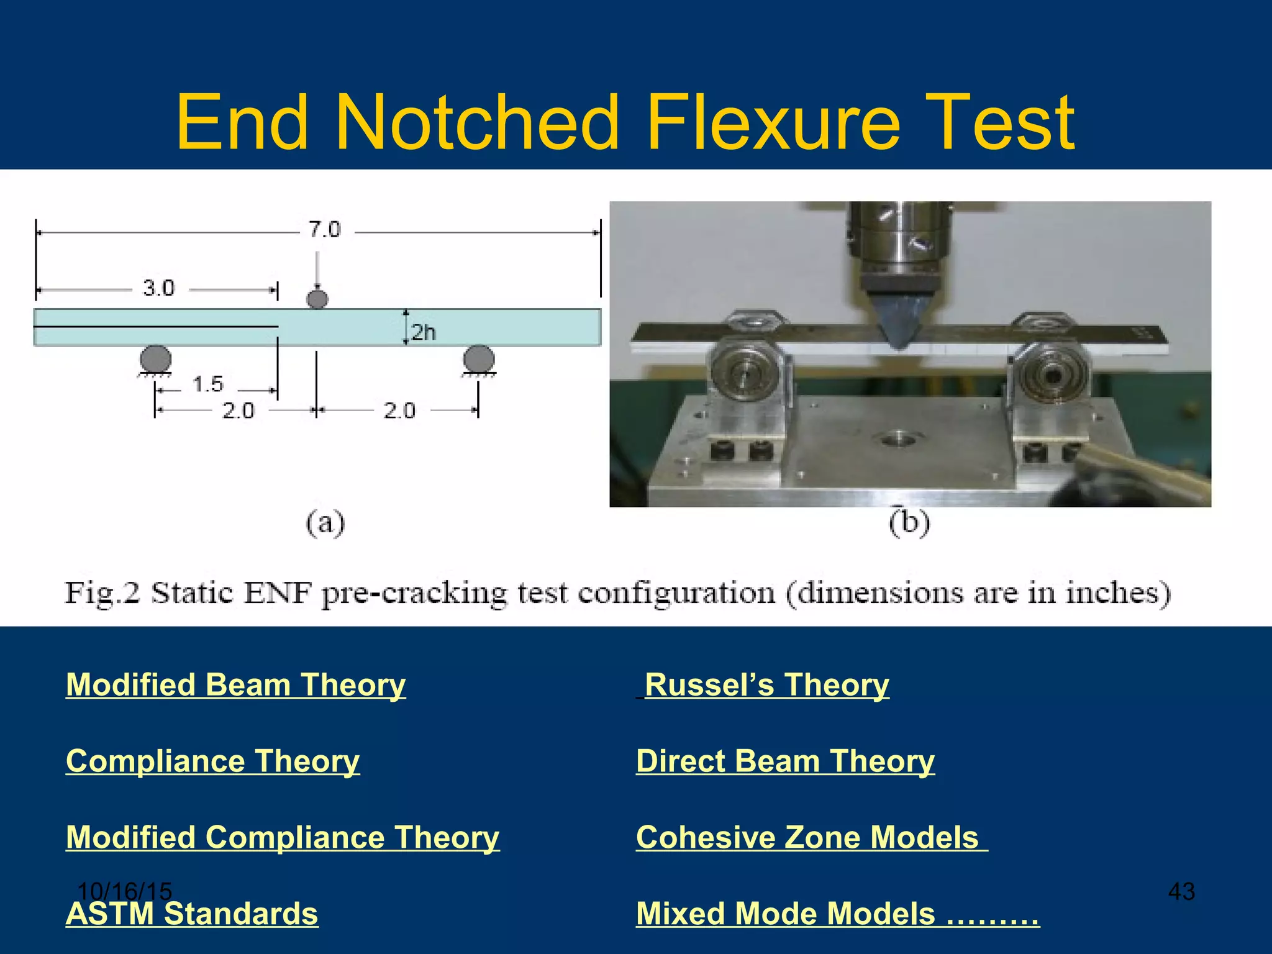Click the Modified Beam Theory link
coord(235,685)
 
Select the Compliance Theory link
coord(212,761)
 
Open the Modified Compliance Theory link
coord(283,837)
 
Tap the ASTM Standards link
coord(192,914)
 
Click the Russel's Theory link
coord(766,685)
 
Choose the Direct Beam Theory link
coord(785,761)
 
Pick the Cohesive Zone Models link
coord(807,837)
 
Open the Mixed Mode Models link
coord(837,914)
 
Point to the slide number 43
coord(1181,891)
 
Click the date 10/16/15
coord(124,891)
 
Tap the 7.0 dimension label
coord(325,230)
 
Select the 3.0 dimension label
coord(159,289)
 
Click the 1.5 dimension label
coord(207,384)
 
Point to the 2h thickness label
coord(424,333)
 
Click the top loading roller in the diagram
coord(317,299)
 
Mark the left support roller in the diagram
coord(155,360)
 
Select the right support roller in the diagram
coord(479,360)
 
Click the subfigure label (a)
coord(325,523)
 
